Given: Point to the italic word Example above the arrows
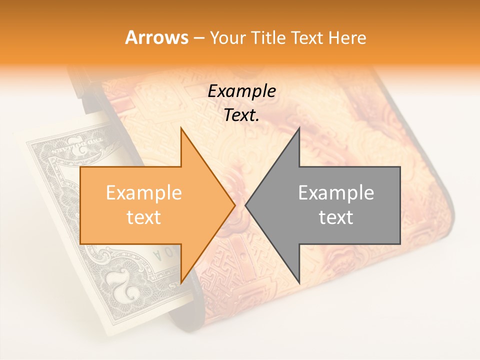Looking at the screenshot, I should click(x=241, y=91).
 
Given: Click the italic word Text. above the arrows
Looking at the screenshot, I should click(x=241, y=115).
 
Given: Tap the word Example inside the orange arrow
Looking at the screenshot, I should click(x=144, y=193).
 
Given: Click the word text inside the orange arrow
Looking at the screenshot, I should click(x=144, y=217).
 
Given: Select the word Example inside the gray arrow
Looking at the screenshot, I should click(x=336, y=193).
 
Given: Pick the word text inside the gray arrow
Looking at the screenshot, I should click(x=336, y=217).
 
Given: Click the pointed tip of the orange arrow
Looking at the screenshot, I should click(x=234, y=205).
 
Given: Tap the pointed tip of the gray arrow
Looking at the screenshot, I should click(x=246, y=205).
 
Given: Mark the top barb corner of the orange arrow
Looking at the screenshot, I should click(x=181, y=128).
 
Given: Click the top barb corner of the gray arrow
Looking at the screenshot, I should click(x=299, y=128).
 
